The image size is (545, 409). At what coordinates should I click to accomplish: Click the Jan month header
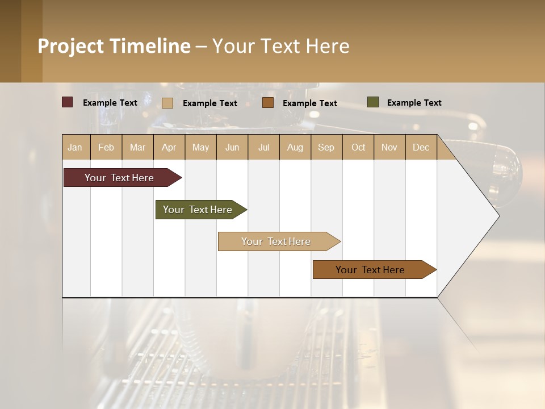(x=75, y=147)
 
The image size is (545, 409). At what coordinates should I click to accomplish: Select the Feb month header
(x=106, y=147)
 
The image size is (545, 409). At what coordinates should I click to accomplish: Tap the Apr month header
(x=169, y=147)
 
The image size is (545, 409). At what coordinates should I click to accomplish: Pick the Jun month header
(x=232, y=147)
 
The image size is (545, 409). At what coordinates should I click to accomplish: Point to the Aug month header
(x=295, y=147)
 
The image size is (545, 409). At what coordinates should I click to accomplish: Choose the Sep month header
(x=326, y=147)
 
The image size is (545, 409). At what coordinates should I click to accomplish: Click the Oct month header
(x=358, y=147)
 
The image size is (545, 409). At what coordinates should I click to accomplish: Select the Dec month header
(x=421, y=147)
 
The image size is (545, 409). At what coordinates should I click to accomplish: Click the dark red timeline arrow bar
(x=120, y=178)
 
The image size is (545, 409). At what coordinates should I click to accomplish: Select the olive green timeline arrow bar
(x=198, y=210)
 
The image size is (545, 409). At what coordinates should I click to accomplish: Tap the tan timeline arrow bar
(x=276, y=241)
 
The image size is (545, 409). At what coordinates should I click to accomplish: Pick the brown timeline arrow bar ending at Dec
(x=371, y=270)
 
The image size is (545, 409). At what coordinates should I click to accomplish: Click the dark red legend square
(x=68, y=102)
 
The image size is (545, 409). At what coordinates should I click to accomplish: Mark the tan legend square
(x=167, y=103)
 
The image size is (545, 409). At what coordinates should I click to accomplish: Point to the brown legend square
(x=268, y=103)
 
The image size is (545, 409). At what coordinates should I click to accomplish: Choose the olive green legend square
(x=372, y=102)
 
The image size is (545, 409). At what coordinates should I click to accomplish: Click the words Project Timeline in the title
(x=114, y=46)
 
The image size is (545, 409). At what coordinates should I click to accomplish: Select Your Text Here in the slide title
(x=280, y=46)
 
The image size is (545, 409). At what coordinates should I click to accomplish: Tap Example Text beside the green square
(x=414, y=103)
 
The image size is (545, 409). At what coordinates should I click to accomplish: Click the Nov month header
(x=389, y=147)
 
